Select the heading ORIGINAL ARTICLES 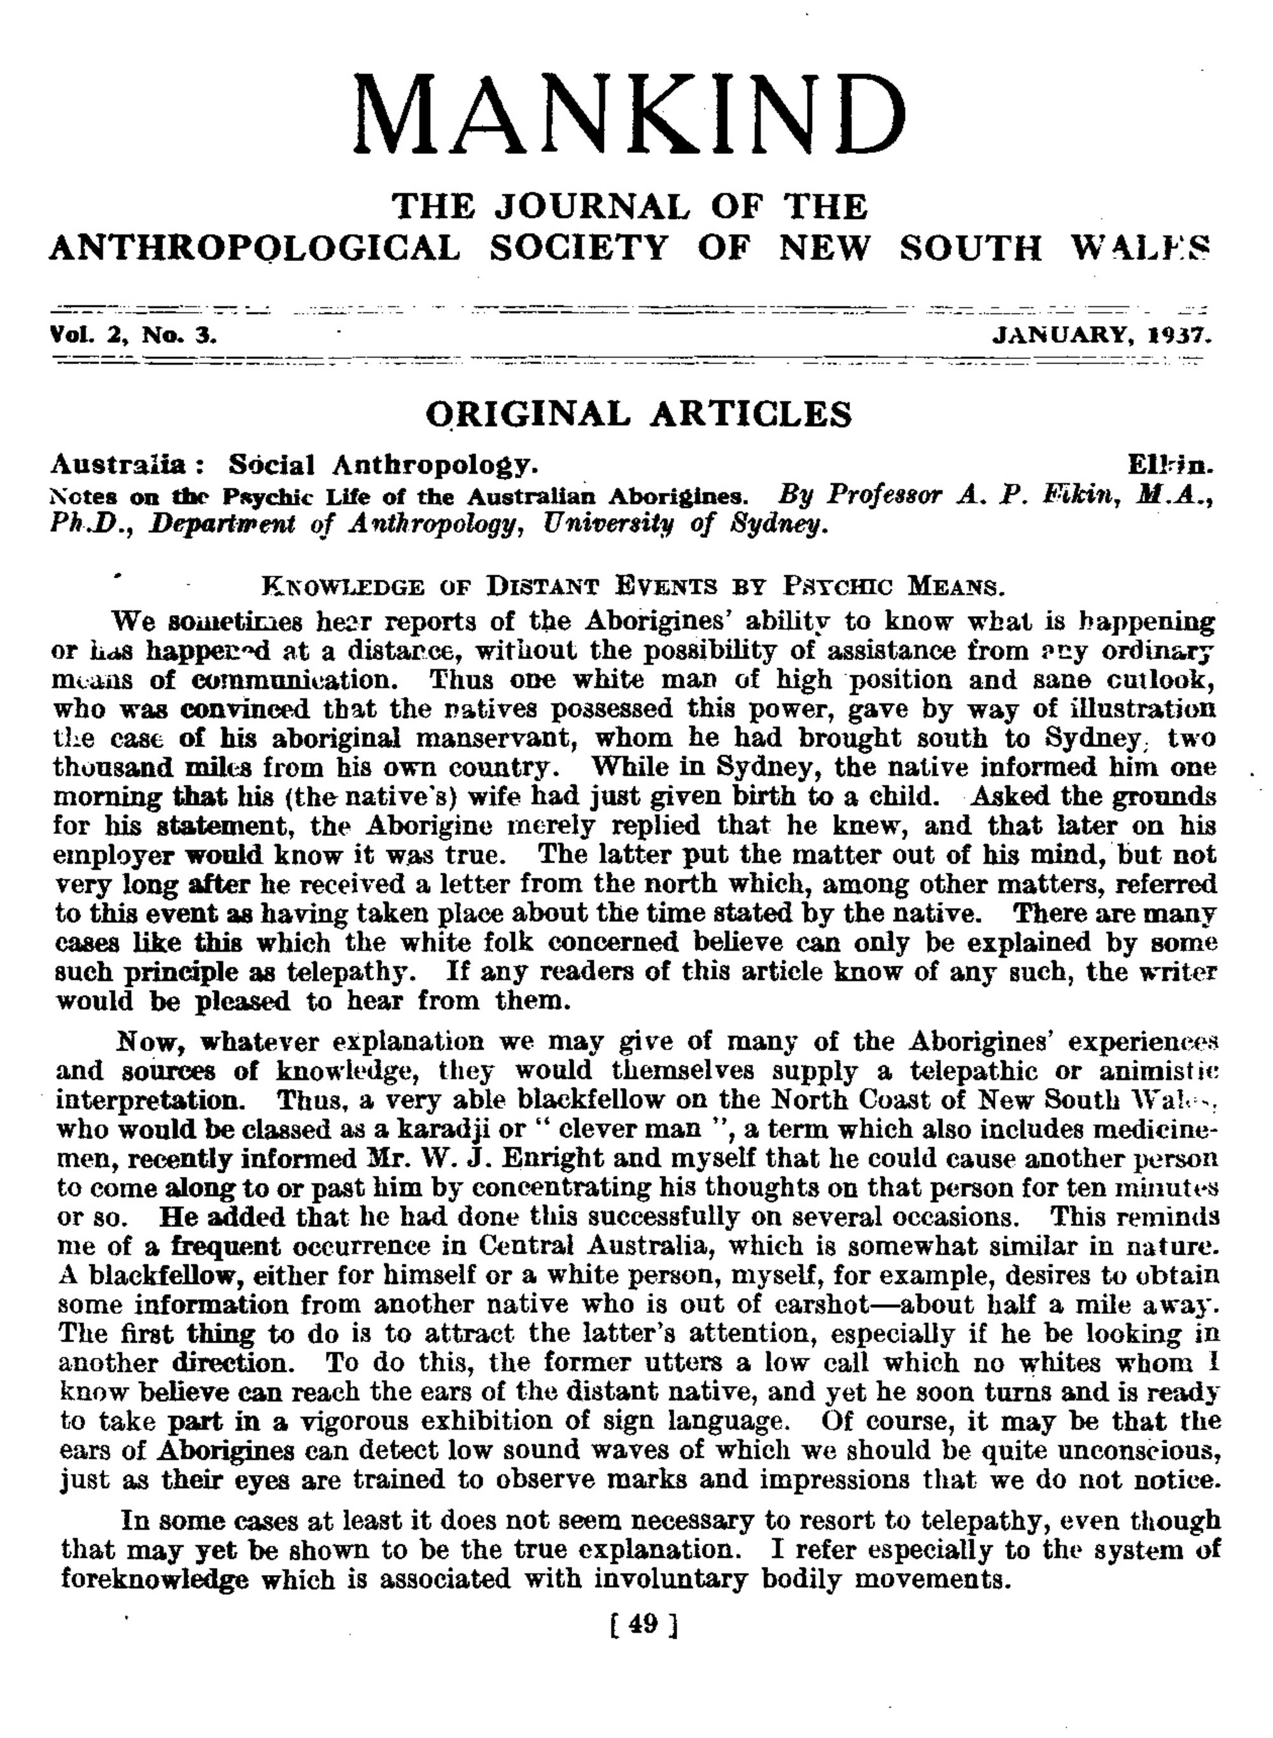639,414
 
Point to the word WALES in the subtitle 1141,248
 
